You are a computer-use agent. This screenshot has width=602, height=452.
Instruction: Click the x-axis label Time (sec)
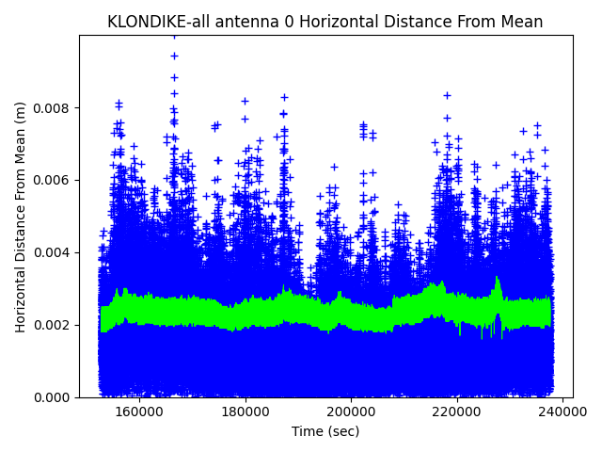coord(325,431)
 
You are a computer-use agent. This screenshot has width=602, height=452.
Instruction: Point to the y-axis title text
coord(21,217)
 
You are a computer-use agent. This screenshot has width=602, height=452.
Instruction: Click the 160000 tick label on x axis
coord(139,412)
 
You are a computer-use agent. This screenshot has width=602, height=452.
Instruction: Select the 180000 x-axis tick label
coord(246,412)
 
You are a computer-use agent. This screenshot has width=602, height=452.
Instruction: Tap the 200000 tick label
coord(352,412)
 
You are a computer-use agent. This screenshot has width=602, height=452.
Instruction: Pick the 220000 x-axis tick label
coord(457,412)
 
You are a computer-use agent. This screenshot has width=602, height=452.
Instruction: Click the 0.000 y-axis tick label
coord(54,397)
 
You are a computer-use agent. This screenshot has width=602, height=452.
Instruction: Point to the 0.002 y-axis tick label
coord(54,325)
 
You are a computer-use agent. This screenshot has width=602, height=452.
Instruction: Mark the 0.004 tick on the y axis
coord(54,252)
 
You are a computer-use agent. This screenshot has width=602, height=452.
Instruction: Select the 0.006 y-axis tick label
coord(54,180)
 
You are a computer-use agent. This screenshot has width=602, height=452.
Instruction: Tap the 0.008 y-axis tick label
coord(54,107)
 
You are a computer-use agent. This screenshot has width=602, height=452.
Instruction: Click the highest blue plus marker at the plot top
coord(174,37)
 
